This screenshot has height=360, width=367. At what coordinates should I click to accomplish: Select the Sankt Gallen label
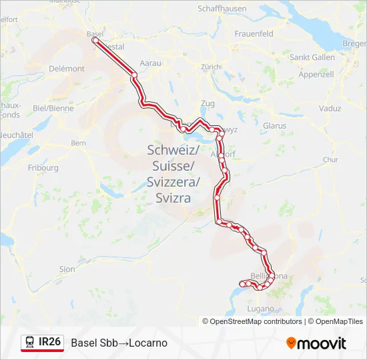point(312,57)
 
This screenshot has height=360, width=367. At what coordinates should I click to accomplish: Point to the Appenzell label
point(316,74)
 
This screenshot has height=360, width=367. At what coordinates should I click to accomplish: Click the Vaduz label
point(330,108)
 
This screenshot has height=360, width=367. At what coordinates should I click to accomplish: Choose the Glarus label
point(274,125)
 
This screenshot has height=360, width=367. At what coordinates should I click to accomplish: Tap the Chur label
point(330,160)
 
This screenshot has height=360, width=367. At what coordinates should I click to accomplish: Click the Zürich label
point(210,67)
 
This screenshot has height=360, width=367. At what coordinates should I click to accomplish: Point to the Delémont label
point(68,69)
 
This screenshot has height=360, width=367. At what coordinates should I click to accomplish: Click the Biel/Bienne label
point(53,107)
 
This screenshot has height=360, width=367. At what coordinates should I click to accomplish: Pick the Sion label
point(67,269)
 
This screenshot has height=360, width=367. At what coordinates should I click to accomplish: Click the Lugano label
point(260,309)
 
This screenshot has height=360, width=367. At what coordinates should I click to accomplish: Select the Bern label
point(79,143)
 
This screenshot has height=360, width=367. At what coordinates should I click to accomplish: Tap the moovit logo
point(316,343)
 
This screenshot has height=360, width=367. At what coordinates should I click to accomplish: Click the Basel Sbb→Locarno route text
point(119,343)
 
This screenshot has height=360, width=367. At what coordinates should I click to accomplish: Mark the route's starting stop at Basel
point(95,41)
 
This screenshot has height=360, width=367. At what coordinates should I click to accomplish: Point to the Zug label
point(208,104)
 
